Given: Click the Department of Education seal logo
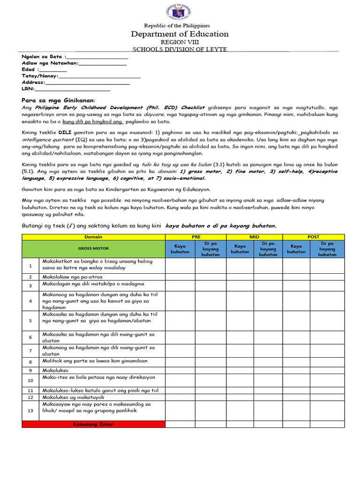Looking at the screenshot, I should click(180, 12).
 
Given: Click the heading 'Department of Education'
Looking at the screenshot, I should click(180, 34).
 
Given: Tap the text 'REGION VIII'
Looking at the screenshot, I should click(180, 42).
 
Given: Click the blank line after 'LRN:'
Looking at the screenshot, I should click(72, 89).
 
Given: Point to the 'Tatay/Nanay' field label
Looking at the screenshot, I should click(39, 75).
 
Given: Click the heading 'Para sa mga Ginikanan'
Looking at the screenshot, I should click(59, 100).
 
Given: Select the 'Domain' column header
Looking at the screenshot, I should click(93, 237).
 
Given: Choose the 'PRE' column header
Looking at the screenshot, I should click(195, 237).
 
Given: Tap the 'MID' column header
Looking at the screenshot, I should click(254, 237).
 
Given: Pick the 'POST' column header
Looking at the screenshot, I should click(313, 237).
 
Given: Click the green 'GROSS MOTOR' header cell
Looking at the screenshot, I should click(93, 248).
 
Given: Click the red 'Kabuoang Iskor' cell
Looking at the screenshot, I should click(93, 424).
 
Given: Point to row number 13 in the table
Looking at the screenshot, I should click(30, 410).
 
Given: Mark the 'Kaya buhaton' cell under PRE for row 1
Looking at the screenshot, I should click(180, 265).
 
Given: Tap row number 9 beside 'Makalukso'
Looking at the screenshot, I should click(30, 370).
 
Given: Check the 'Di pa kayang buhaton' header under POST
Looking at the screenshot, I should click(327, 249).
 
